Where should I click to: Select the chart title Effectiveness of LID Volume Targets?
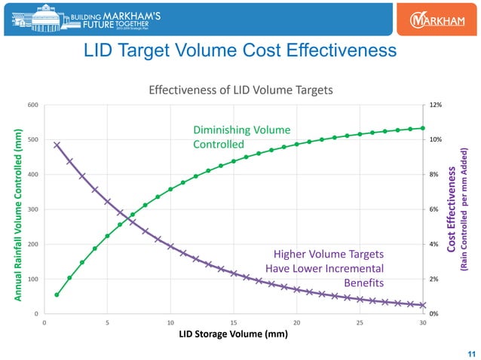click(240, 90)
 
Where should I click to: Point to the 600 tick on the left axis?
click(32, 105)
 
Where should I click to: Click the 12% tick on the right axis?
click(436, 105)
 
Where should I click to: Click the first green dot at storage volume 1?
click(57, 294)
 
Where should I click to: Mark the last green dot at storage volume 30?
click(423, 128)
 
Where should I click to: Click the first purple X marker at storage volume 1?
click(57, 145)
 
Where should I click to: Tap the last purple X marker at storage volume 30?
click(423, 306)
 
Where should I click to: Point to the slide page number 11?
click(471, 353)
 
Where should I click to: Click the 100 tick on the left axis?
click(32, 279)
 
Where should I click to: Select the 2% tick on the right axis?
click(434, 279)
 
